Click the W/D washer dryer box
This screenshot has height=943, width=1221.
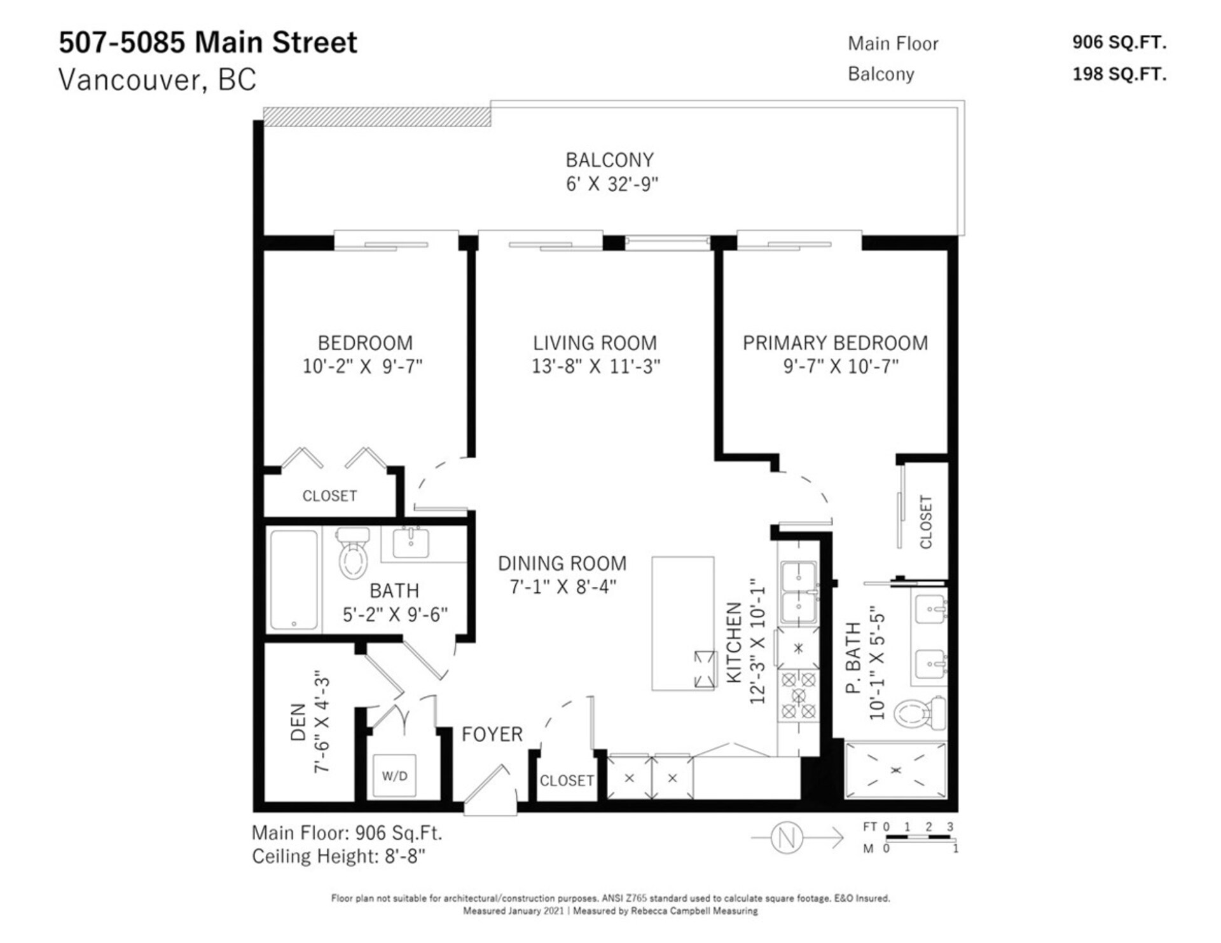[394, 775]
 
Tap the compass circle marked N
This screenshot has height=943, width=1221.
[787, 838]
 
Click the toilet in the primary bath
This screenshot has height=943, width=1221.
[920, 713]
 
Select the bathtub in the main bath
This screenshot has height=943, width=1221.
[294, 580]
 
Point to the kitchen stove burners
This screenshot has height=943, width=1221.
[798, 695]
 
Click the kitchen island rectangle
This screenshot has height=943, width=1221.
[683, 623]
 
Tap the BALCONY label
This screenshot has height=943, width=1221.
[610, 160]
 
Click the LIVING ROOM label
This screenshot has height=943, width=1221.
[595, 343]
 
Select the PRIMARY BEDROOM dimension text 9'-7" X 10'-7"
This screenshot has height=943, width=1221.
[841, 366]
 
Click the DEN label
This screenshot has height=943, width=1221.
[298, 723]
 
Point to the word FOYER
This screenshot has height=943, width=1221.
[492, 735]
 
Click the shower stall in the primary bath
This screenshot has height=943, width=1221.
[895, 770]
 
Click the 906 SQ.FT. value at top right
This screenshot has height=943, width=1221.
[1119, 43]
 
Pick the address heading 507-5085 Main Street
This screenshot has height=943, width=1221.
[208, 43]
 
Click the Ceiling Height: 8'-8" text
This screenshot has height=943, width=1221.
[338, 857]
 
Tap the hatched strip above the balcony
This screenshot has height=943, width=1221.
[377, 117]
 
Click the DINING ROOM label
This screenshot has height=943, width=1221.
[562, 564]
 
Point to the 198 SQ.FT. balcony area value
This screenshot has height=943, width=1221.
[1119, 74]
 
